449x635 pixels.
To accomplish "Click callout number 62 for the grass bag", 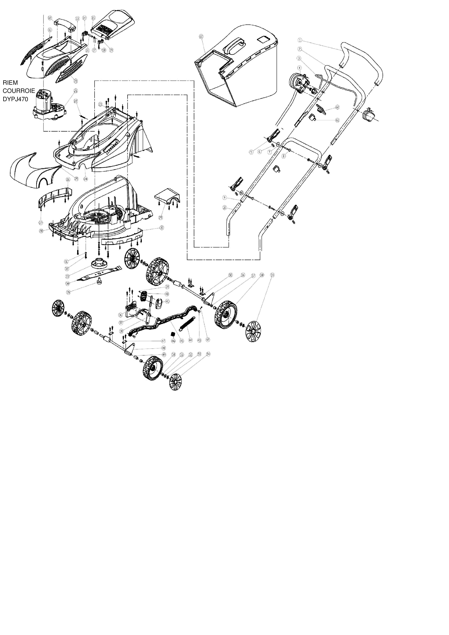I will [201, 36].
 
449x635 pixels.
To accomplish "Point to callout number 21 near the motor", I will [76, 91].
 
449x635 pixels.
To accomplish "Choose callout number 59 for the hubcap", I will [273, 275].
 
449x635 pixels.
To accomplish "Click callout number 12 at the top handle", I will [50, 18].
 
